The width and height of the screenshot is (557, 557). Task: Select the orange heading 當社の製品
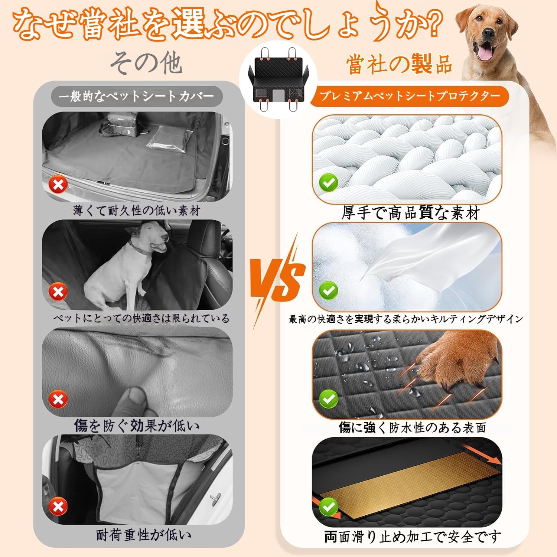click(399, 64)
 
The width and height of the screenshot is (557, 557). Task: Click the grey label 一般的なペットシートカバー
click(137, 96)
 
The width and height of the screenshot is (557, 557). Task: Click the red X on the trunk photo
click(58, 185)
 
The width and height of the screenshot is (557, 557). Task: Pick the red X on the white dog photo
click(58, 292)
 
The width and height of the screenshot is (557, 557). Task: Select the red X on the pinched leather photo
click(58, 399)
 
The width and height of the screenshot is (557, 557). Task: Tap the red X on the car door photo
click(58, 506)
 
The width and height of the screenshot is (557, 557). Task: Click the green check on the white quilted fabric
click(329, 183)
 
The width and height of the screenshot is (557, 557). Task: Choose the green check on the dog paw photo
click(329, 399)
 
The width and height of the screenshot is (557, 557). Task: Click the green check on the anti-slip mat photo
click(329, 506)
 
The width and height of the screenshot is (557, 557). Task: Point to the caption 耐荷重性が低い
click(144, 535)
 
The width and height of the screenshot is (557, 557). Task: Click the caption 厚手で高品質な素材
click(411, 213)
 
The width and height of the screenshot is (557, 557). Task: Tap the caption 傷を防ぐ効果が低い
click(137, 426)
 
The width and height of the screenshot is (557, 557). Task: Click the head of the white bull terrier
click(150, 238)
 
